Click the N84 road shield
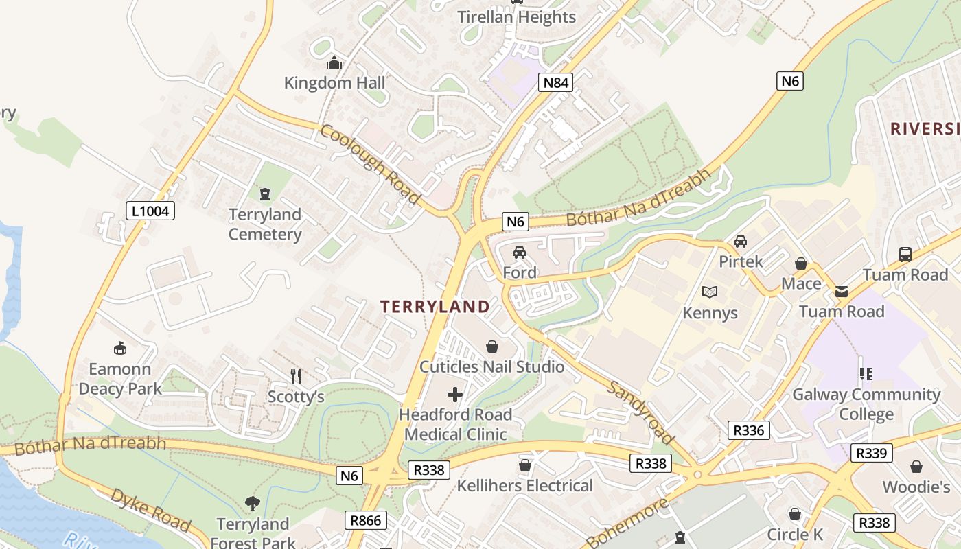tap(555, 83)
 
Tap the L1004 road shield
tap(150, 211)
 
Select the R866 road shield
tap(365, 520)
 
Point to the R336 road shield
tap(748, 430)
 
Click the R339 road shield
tap(871, 453)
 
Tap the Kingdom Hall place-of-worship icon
tap(334, 63)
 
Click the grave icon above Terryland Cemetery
tap(265, 194)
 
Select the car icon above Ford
tap(520, 253)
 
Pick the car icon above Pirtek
tap(741, 242)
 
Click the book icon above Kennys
tap(710, 292)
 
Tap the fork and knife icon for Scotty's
tap(296, 375)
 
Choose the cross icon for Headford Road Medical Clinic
tap(455, 395)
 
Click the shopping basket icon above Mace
tap(800, 264)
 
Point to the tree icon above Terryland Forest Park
tap(253, 504)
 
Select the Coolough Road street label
tap(369, 164)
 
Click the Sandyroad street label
tap(640, 413)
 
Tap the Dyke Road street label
tap(150, 510)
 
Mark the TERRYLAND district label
tap(435, 307)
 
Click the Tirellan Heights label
tap(517, 17)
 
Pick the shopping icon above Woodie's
tap(916, 467)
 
